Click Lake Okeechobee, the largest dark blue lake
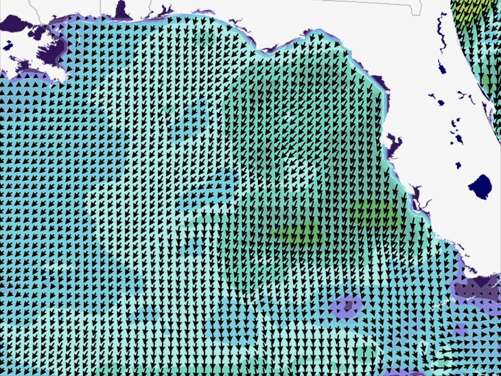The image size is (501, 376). point(480,186)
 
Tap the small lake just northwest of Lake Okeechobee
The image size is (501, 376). point(458,165)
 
